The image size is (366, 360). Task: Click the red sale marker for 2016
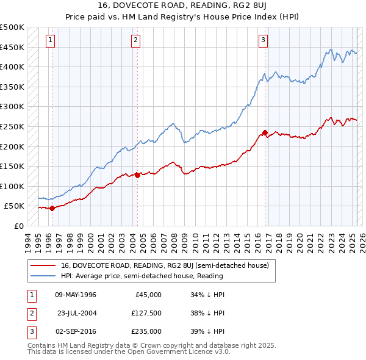click(x=265, y=132)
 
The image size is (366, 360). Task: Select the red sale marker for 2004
click(x=137, y=175)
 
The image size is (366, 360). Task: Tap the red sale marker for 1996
click(x=52, y=208)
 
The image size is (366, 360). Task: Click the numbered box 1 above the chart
click(x=49, y=41)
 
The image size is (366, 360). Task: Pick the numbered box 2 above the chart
click(x=135, y=41)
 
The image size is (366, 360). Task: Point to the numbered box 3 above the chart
click(x=263, y=41)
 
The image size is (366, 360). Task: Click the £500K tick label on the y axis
click(x=12, y=27)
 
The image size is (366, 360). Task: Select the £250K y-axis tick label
click(x=12, y=126)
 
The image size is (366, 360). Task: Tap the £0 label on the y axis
click(x=18, y=226)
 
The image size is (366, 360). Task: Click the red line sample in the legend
click(x=43, y=265)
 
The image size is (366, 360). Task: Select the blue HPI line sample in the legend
click(x=43, y=276)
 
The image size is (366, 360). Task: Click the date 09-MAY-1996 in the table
click(x=76, y=295)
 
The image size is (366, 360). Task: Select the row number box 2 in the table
click(x=30, y=313)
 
